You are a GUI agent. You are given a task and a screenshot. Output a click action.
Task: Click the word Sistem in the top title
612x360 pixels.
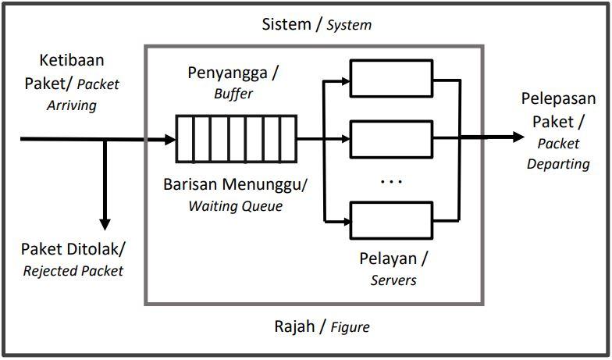click(x=286, y=23)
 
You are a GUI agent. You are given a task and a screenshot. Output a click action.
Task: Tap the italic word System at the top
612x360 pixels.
click(x=349, y=25)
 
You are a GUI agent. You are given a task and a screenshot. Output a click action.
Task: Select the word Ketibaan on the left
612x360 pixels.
click(x=71, y=61)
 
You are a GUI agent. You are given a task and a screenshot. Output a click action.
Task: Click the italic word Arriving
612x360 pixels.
click(x=71, y=105)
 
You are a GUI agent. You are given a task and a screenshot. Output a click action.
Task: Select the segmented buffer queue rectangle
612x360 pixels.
click(x=236, y=139)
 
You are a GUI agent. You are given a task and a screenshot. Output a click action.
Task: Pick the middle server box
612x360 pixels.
click(x=390, y=139)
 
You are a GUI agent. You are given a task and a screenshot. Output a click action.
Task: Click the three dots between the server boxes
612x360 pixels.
click(x=390, y=182)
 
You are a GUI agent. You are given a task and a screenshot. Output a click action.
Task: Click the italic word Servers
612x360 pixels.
click(x=393, y=279)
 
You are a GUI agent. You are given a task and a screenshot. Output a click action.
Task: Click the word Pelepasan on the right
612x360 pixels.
click(x=558, y=100)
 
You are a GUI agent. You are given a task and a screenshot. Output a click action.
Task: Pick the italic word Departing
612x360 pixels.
click(x=558, y=163)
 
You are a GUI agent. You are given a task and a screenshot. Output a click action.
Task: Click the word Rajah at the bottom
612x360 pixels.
click(x=294, y=326)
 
